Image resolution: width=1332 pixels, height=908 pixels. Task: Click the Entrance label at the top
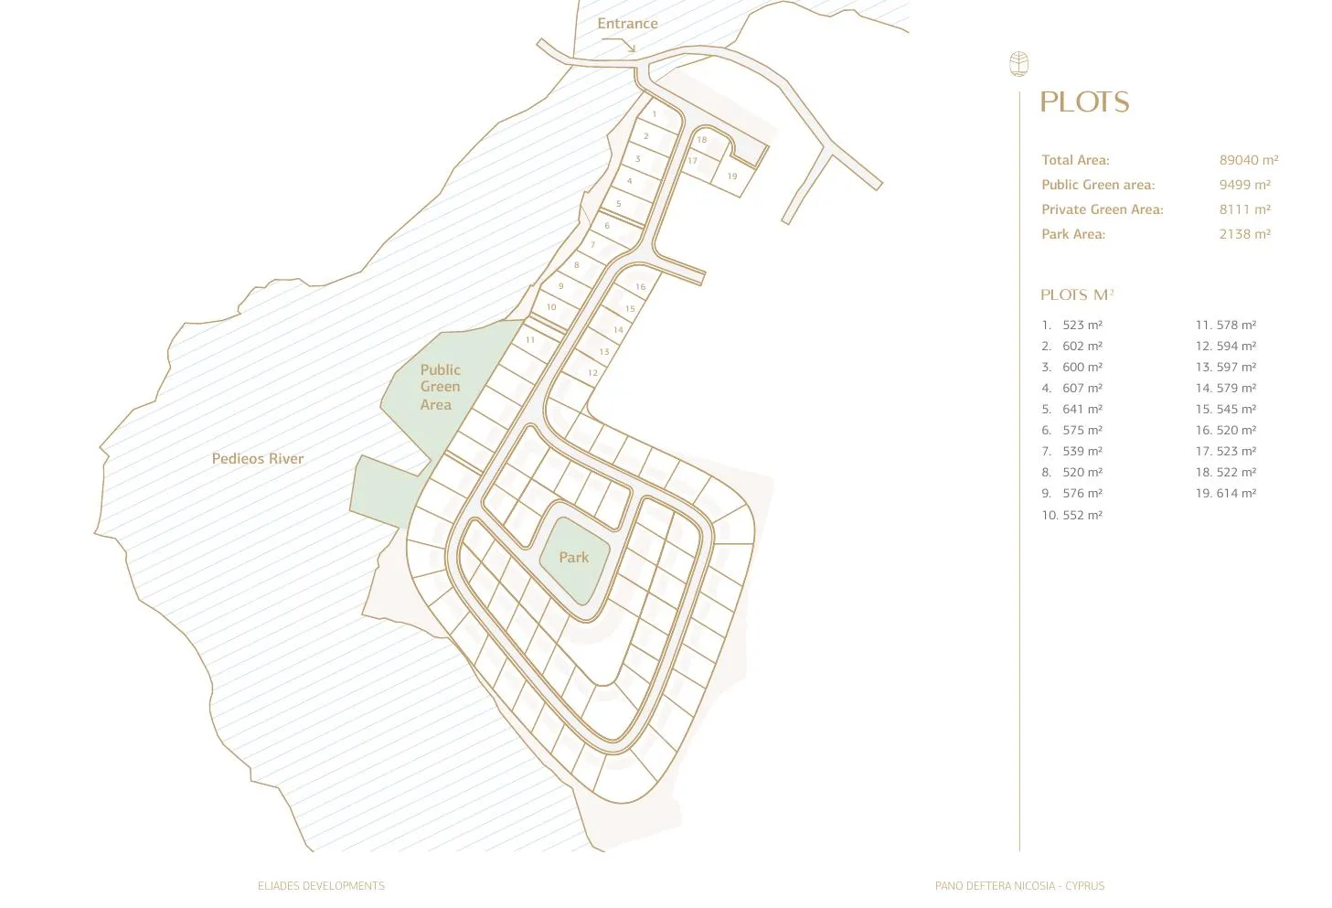tap(627, 24)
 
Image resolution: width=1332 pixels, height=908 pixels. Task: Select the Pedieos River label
tap(258, 459)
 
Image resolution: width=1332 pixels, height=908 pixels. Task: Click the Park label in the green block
tap(573, 557)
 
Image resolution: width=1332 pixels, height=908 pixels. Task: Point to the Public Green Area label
tap(440, 387)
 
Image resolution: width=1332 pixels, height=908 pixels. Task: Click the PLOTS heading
tap(1084, 102)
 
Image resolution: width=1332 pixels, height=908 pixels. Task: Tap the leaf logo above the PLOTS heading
tap(1018, 64)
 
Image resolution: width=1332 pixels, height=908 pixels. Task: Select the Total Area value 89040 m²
tap(1248, 160)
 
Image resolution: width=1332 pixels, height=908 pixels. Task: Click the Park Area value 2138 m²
tap(1244, 234)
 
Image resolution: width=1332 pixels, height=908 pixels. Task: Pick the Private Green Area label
tap(1102, 209)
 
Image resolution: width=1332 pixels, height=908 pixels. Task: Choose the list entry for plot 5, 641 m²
tap(1071, 409)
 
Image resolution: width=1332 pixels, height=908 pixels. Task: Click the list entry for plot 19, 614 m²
tap(1225, 493)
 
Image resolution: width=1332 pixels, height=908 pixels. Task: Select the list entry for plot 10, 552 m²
tap(1071, 515)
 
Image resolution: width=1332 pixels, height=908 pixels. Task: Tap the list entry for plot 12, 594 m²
tap(1225, 346)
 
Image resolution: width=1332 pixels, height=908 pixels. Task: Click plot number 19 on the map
tap(732, 176)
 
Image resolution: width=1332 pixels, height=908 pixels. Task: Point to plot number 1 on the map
tap(655, 114)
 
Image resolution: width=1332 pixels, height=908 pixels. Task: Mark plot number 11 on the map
tap(530, 340)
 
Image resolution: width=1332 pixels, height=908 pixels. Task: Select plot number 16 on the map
tap(640, 287)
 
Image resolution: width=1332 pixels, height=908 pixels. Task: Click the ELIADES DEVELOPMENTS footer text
tap(321, 886)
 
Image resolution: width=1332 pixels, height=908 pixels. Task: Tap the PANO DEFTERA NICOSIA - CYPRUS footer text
tap(1019, 886)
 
